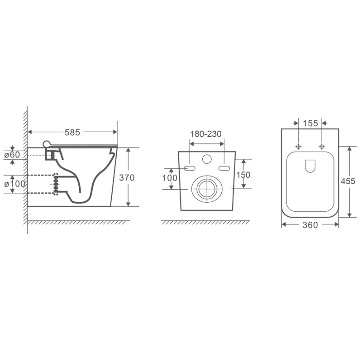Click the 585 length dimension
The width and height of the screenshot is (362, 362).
[72, 132]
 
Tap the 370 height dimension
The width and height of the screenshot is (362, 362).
[127, 177]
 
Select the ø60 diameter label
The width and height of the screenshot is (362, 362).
[12, 155]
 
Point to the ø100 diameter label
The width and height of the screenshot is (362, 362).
[14, 184]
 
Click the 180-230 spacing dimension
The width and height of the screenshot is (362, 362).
[206, 134]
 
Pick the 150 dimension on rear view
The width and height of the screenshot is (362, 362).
[243, 175]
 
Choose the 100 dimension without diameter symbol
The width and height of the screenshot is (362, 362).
[170, 178]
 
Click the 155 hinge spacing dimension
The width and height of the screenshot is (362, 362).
[310, 123]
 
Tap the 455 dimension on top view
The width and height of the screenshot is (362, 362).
[348, 181]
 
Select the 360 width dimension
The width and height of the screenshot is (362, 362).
[310, 225]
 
